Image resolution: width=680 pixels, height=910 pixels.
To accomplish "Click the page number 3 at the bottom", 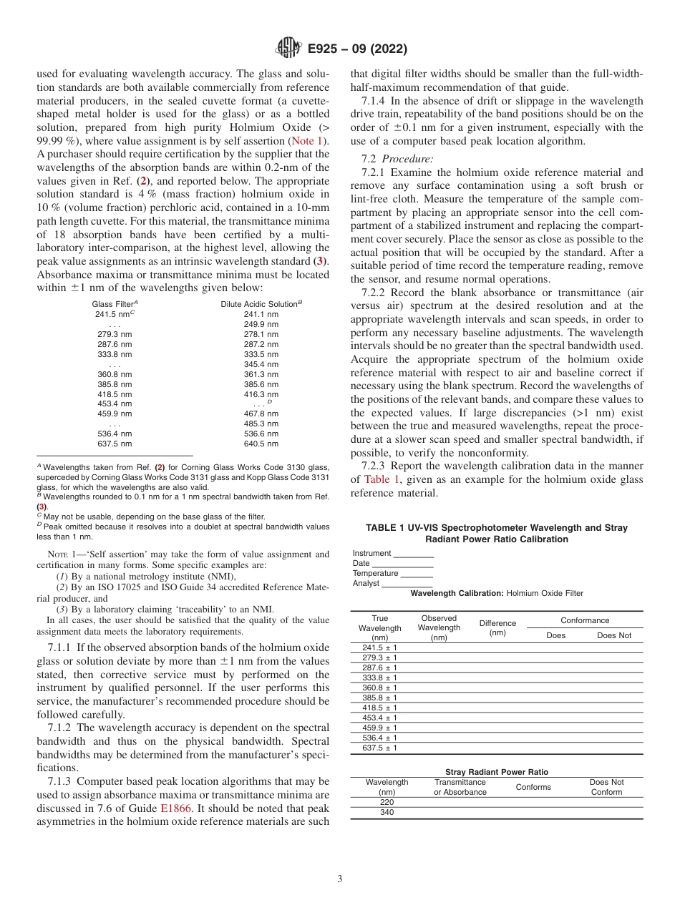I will click(x=340, y=879).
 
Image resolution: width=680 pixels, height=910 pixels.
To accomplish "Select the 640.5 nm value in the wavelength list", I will click(x=261, y=444).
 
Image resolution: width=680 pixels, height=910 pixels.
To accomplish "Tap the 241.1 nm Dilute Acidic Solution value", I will click(x=261, y=314).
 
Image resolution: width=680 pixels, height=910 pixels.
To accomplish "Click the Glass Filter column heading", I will click(x=115, y=304).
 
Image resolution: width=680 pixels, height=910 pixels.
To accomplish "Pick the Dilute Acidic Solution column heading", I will click(x=261, y=304).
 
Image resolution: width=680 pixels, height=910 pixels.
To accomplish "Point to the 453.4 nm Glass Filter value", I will click(x=115, y=403).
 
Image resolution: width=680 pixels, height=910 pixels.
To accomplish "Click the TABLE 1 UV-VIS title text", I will click(x=496, y=533).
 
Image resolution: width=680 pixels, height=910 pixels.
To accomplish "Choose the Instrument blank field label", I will click(x=371, y=553).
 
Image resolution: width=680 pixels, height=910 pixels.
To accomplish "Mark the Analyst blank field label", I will click(x=367, y=583).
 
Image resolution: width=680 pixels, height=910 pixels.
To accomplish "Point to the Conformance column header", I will click(x=584, y=620).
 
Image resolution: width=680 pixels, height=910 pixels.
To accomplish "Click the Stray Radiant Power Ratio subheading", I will click(x=496, y=772).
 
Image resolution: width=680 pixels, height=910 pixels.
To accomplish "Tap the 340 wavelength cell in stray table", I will click(x=387, y=812).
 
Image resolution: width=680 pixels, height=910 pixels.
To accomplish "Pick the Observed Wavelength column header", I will click(x=439, y=627).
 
